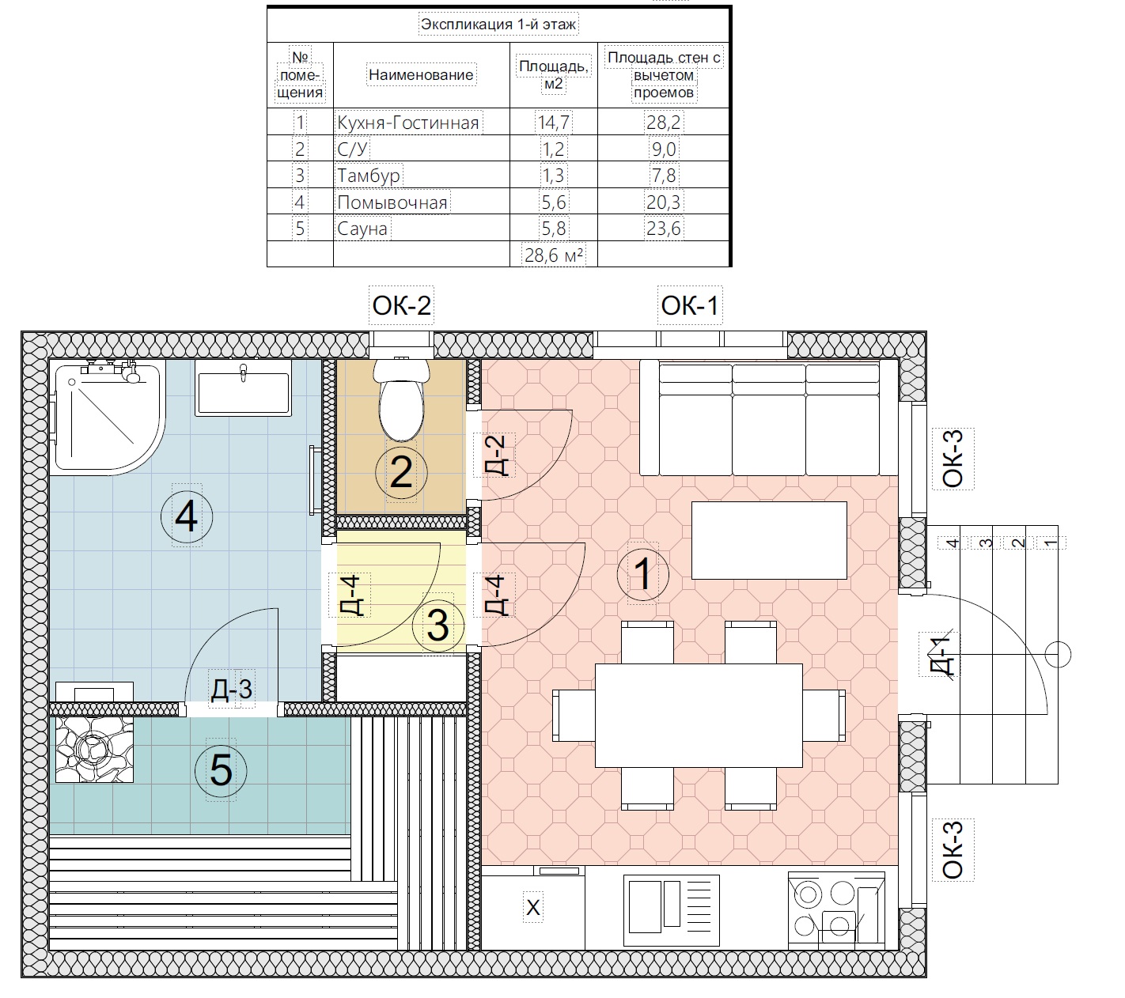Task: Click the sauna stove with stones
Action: tap(94, 750)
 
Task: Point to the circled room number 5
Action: tap(221, 770)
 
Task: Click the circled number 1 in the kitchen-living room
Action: tap(643, 575)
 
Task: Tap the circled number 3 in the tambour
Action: tap(438, 626)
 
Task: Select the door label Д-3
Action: tap(232, 689)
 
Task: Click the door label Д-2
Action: tap(494, 456)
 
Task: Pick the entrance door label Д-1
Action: tap(940, 655)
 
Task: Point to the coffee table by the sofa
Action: tap(769, 540)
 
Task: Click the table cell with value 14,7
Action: tap(554, 122)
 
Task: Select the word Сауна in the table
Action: tap(362, 229)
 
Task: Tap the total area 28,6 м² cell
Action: tap(554, 255)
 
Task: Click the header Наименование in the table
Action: tap(421, 75)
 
